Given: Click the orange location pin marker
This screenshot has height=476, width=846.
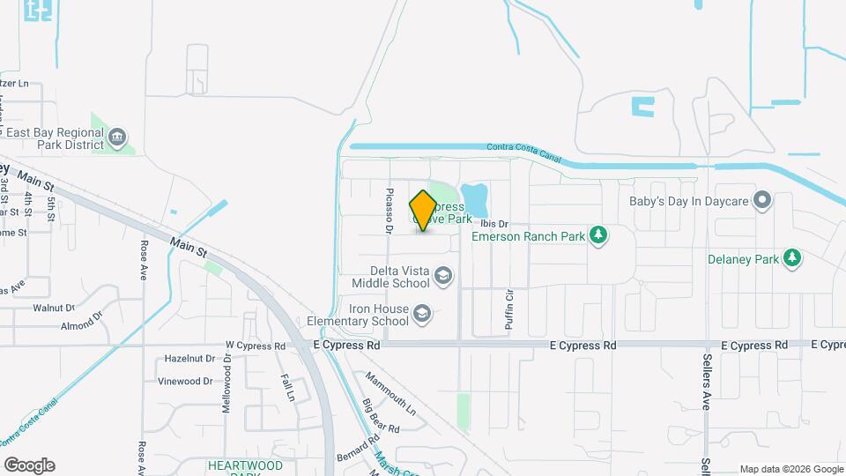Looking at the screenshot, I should point(423,211).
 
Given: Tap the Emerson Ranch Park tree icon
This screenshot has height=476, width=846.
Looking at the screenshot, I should point(599,234).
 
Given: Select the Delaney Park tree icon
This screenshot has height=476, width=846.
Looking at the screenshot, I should point(793,257).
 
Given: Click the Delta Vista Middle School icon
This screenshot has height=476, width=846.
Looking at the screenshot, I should point(443,277).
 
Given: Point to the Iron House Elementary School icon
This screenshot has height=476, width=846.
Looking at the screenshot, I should point(423,315).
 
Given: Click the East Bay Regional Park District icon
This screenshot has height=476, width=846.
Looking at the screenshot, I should point(117,138).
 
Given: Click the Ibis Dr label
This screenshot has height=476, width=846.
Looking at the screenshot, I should point(495,225).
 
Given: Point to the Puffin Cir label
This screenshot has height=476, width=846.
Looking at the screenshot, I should point(509,309).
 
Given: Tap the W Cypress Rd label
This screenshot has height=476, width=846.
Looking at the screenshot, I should point(256,346).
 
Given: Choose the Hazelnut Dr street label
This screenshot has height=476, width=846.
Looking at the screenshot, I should point(190,360).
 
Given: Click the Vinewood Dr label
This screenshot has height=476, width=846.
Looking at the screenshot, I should point(185,382).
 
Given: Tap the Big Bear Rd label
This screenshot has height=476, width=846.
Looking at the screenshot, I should point(382,416).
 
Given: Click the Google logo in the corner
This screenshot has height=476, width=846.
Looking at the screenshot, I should point(29,465).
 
